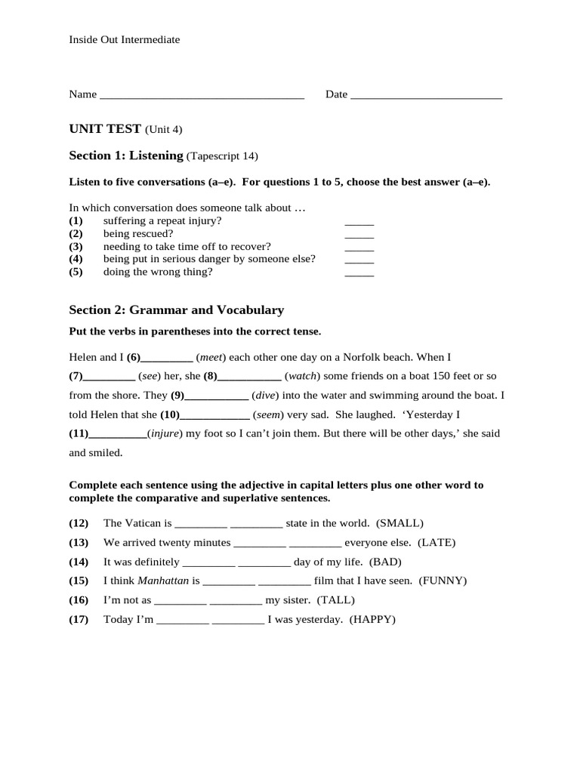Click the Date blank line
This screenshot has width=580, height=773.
(427, 97)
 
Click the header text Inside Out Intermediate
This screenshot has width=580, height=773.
(125, 39)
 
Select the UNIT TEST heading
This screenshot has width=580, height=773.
(105, 129)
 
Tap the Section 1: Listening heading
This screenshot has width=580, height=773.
(126, 156)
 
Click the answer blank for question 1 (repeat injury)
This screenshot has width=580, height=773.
(359, 223)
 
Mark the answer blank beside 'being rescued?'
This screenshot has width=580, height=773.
(359, 236)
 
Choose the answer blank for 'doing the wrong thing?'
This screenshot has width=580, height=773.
(359, 274)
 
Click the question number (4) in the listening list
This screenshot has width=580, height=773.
(76, 259)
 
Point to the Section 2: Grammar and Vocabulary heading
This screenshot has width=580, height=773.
(176, 310)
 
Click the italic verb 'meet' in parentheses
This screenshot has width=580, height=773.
(211, 357)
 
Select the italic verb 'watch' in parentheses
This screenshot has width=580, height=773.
(303, 376)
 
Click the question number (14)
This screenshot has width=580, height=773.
(79, 562)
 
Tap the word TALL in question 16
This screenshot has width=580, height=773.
(335, 600)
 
